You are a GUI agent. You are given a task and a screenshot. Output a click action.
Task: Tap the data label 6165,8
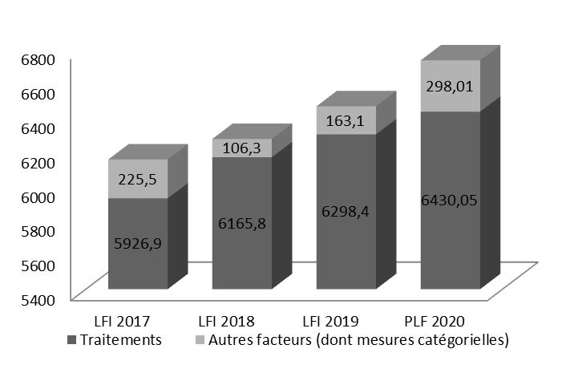pyautogui.click(x=242, y=224)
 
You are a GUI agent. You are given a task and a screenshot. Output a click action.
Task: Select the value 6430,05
pyautogui.click(x=451, y=200)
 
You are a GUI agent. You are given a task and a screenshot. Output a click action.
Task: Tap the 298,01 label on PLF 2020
pyautogui.click(x=451, y=86)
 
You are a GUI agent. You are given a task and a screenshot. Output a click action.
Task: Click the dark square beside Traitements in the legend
pyautogui.click(x=74, y=340)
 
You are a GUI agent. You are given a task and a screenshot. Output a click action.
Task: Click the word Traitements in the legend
pyautogui.click(x=121, y=339)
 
